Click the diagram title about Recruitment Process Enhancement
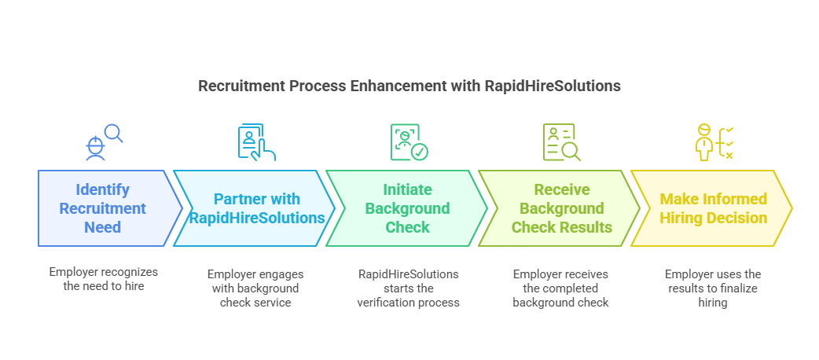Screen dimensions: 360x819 [409, 86]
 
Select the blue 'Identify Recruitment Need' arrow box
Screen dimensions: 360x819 [103, 208]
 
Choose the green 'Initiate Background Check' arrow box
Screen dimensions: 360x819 [406, 208]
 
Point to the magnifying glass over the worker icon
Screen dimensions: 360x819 [114, 134]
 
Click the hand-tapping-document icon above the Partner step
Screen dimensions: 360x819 [256, 142]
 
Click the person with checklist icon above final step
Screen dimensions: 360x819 [714, 142]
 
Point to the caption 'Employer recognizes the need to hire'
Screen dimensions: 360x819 [103, 279]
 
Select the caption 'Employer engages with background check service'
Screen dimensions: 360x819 [255, 288]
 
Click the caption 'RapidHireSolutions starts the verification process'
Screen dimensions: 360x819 [408, 288]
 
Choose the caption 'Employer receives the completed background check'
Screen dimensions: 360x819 [560, 288]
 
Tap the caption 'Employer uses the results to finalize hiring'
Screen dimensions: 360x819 [713, 288]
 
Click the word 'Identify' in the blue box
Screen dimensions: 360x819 [103, 189]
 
